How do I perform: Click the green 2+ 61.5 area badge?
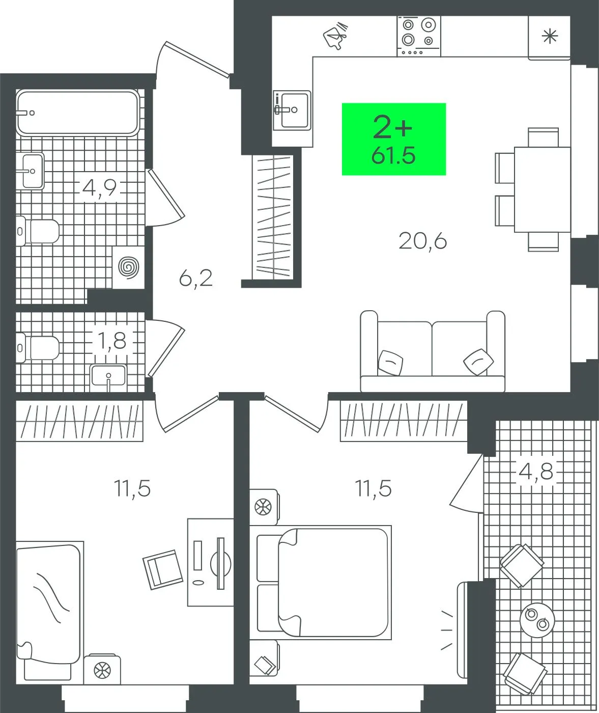[394, 139]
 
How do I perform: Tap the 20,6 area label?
[422, 241]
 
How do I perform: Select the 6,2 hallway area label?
[195, 278]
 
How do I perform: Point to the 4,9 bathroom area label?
[99, 187]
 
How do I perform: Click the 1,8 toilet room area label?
[111, 340]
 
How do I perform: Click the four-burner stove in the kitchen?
[419, 36]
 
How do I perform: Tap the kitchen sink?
[292, 111]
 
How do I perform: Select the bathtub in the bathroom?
[78, 113]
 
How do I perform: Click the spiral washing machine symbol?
[129, 267]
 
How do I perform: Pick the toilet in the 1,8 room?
[38, 348]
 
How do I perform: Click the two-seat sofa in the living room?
[433, 351]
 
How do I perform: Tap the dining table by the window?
[542, 189]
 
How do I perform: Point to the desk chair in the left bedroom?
[163, 569]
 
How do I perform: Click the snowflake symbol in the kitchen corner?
[550, 36]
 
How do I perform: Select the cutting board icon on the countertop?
[335, 35]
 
